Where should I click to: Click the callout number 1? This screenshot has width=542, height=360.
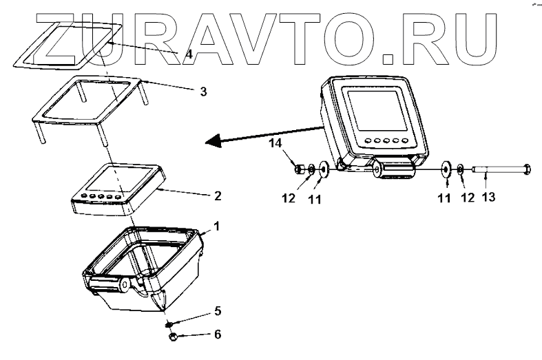[x=217, y=226]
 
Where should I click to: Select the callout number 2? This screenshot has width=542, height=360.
[x=218, y=195]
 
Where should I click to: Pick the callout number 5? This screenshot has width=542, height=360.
[x=218, y=310]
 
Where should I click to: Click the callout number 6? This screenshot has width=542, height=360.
[x=218, y=335]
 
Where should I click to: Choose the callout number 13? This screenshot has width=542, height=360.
[x=487, y=198]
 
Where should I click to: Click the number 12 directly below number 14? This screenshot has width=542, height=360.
[x=290, y=198]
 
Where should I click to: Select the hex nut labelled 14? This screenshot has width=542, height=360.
[x=300, y=168]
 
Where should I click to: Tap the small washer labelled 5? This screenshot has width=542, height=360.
[x=169, y=323]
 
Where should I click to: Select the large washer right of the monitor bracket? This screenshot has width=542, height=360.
[x=445, y=167]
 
